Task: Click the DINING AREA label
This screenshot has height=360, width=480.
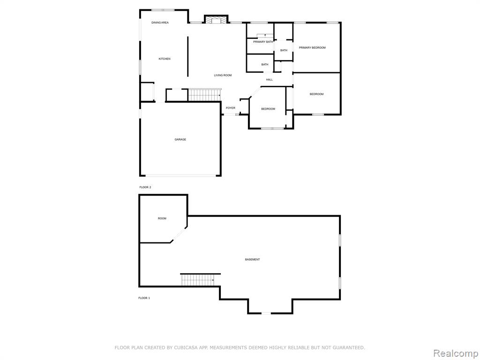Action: (160, 22)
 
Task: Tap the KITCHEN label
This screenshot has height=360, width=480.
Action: (165, 59)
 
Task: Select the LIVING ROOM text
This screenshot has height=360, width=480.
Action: (223, 75)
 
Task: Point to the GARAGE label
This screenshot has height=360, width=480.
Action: (180, 140)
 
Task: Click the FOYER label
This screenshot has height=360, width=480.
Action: (231, 108)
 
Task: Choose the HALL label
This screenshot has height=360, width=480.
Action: (270, 80)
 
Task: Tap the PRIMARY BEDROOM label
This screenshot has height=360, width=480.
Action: (312, 48)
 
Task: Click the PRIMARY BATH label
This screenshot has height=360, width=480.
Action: (263, 42)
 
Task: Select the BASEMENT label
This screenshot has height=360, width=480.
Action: (252, 260)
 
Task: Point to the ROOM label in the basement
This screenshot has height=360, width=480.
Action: (162, 218)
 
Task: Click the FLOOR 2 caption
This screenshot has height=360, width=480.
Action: (145, 187)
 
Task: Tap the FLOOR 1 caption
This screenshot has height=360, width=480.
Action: (144, 298)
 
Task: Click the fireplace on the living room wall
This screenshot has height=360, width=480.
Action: (216, 19)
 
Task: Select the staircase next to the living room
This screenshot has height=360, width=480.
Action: (204, 95)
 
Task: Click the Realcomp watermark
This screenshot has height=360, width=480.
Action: (456, 353)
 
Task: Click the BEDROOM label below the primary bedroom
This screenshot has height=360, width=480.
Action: (316, 94)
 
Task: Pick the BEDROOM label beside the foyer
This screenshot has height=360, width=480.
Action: (268, 109)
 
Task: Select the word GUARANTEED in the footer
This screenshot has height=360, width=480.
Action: (348, 348)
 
